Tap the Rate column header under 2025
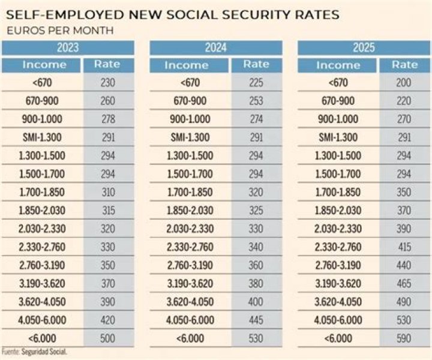(x=404, y=65)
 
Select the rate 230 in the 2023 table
(x=107, y=83)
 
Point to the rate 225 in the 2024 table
(x=256, y=83)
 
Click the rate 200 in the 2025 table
(x=404, y=83)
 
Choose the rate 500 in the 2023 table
(x=107, y=338)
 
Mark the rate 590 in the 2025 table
(x=404, y=338)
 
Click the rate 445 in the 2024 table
(x=256, y=320)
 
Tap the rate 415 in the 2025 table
(x=404, y=247)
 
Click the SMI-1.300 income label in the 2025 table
(x=338, y=137)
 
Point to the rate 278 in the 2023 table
(x=107, y=119)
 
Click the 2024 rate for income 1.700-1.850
(x=256, y=193)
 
